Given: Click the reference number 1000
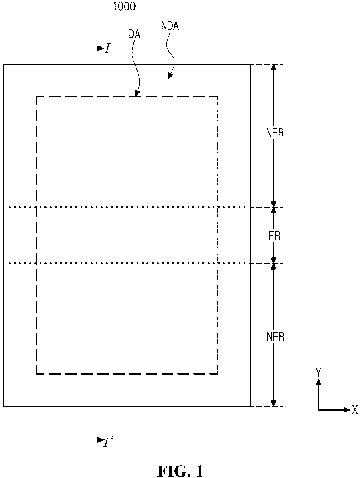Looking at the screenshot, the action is [x=123, y=7].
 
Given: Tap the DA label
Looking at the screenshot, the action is [x=134, y=34].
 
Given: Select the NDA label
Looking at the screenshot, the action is [x=170, y=26].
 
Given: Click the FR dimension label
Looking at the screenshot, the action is [x=274, y=236].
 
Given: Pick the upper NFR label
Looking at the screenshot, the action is [x=275, y=133].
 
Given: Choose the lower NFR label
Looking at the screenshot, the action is [x=275, y=337].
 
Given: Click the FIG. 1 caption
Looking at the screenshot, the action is [x=180, y=471].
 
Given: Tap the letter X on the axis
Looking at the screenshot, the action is [x=355, y=410].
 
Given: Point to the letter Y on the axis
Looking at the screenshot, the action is [x=318, y=372].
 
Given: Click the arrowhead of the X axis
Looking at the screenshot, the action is [x=348, y=410].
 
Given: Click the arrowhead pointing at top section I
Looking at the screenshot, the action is [x=101, y=48].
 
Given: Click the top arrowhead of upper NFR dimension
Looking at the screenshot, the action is [x=274, y=67].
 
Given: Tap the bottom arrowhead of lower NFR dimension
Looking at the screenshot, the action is [x=274, y=403].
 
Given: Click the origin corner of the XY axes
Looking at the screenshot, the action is [x=318, y=410].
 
